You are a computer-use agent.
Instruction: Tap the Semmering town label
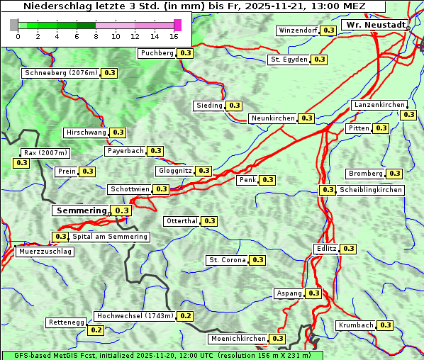(x=81, y=210)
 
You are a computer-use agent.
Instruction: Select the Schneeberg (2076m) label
(x=60, y=73)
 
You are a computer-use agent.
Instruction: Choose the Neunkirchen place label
(x=273, y=118)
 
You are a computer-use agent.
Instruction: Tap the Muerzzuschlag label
(x=45, y=252)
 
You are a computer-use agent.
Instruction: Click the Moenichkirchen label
(x=238, y=339)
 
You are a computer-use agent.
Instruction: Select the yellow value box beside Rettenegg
(x=96, y=330)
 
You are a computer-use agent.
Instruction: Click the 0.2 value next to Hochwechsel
(x=185, y=316)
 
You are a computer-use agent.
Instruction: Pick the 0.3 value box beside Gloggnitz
(x=203, y=171)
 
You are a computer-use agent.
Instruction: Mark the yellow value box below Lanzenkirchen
(x=408, y=115)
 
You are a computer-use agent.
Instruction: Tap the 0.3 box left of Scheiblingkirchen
(x=327, y=190)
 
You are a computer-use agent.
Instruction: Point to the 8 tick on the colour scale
(x=96, y=37)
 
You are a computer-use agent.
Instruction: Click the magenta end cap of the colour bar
(x=177, y=26)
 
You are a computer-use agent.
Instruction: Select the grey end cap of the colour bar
(x=14, y=26)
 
